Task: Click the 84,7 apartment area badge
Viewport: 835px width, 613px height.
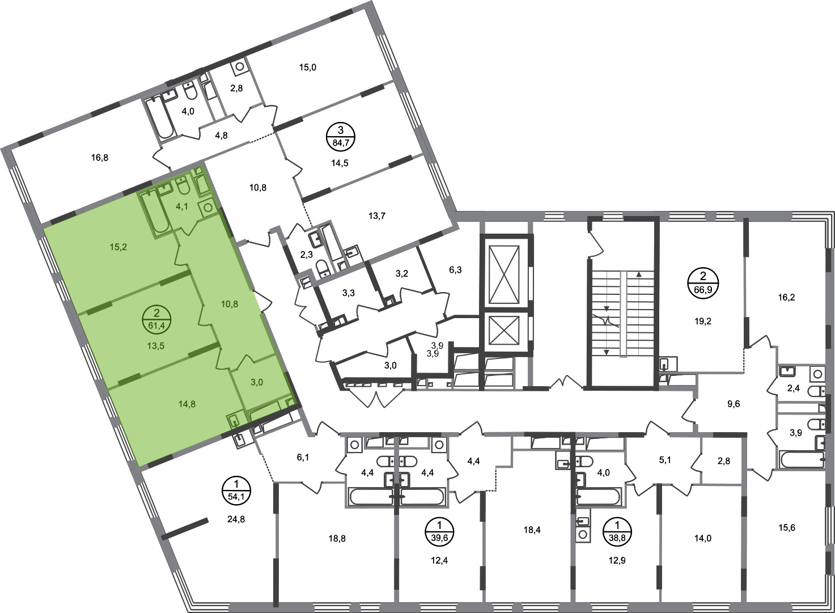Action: tap(340, 137)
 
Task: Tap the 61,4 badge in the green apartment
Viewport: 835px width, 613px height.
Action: tap(157, 319)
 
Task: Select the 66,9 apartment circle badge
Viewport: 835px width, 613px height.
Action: tap(703, 282)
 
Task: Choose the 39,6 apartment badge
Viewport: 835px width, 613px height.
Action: tap(439, 531)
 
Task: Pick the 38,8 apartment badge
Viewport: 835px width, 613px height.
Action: tap(617, 531)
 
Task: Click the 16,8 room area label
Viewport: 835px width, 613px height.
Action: tap(100, 158)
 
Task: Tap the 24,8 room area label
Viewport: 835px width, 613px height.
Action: tap(236, 519)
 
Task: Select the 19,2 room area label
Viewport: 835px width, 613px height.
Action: tap(703, 321)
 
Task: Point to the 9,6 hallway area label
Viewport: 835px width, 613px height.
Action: tap(733, 404)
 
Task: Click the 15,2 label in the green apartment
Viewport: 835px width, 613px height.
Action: tap(118, 247)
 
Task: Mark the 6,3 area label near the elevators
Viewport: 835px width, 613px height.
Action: tap(455, 269)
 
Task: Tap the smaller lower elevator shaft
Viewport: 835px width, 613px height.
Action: tap(504, 331)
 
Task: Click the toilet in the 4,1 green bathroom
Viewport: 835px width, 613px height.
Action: tap(183, 186)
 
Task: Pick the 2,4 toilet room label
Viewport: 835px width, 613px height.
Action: tap(794, 388)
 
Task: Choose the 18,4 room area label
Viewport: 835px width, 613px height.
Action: tap(532, 530)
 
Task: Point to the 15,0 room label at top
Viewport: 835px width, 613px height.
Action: tap(308, 67)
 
